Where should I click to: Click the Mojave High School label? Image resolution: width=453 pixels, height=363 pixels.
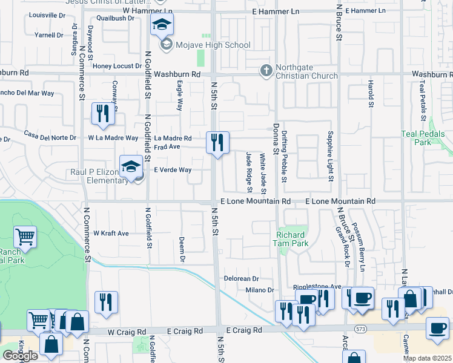pos(205,45)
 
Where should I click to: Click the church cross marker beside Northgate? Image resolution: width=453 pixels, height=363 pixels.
pos(265,71)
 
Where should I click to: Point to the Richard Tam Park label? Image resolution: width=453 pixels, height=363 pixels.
pos(293,239)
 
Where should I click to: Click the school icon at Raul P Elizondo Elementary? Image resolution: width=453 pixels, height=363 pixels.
pos(131,168)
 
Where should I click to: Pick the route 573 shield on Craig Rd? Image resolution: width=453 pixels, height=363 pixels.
pos(362,329)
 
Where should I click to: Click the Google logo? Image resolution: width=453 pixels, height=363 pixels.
pos(19,356)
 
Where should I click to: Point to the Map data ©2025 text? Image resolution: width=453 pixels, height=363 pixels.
pos(428,358)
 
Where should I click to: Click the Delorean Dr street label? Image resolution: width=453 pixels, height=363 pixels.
pos(242,279)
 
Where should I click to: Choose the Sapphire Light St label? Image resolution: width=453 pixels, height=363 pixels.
pos(331,156)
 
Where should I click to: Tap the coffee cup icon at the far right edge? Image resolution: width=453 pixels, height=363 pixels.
pos(437,327)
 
